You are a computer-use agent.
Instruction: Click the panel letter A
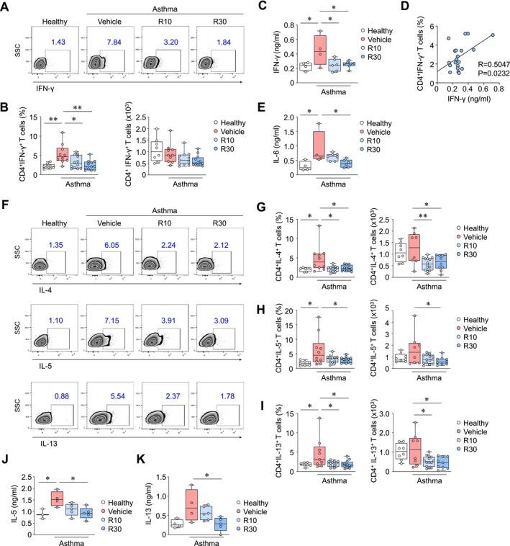point(6,6)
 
